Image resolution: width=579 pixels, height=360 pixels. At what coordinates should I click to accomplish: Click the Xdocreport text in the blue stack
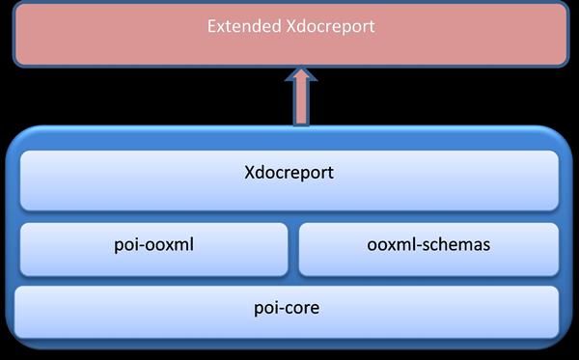pyautogui.click(x=289, y=175)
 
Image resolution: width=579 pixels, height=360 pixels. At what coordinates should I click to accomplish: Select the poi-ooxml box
pyautogui.click(x=153, y=249)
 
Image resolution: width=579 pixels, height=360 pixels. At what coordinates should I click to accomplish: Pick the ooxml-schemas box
pyautogui.click(x=428, y=249)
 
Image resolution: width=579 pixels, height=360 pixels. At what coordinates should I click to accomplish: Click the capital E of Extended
pyautogui.click(x=212, y=26)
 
